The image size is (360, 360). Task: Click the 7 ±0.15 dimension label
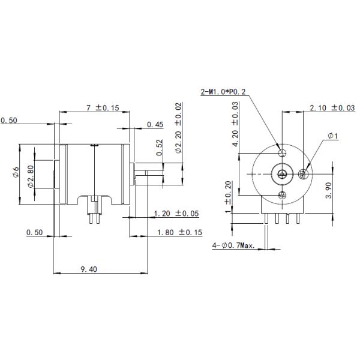pyautogui.click(x=103, y=108)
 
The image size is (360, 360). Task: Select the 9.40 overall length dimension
pyautogui.click(x=89, y=269)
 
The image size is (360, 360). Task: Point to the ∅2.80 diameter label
pyautogui.click(x=30, y=175)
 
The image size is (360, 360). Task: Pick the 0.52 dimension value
pyautogui.click(x=159, y=148)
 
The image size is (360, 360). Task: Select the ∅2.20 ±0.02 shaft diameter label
pyautogui.click(x=179, y=128)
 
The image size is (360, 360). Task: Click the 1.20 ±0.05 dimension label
pyautogui.click(x=176, y=214)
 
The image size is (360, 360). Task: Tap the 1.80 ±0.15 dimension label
pyautogui.click(x=179, y=232)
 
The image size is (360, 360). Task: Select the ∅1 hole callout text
pyautogui.click(x=333, y=137)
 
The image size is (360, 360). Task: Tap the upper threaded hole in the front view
pyautogui.click(x=281, y=151)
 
